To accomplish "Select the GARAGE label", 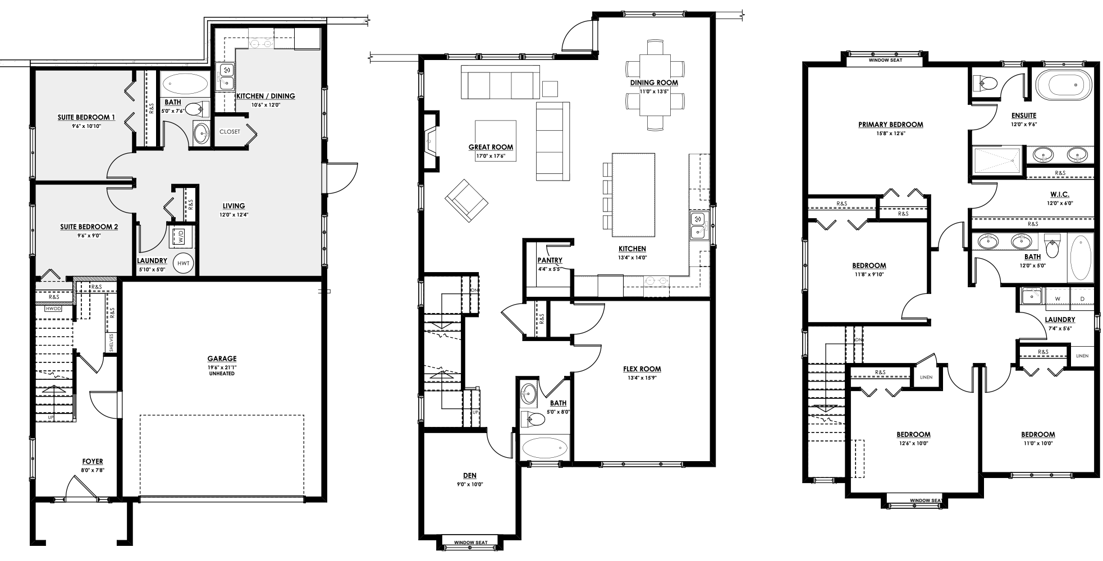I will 222,358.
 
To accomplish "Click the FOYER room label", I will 93,461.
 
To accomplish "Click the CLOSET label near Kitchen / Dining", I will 230,132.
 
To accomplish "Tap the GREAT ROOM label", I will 491,148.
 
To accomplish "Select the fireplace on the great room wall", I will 431,142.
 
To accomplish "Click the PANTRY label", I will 550,260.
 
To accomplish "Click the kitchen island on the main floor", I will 633,195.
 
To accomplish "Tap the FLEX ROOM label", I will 642,369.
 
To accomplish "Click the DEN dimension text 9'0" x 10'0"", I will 469,484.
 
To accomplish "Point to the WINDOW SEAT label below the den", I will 470,542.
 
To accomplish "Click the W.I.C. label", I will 1059,195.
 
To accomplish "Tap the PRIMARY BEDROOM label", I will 890,125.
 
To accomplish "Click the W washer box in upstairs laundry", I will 1056,298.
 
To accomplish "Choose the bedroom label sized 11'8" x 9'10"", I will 868,265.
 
